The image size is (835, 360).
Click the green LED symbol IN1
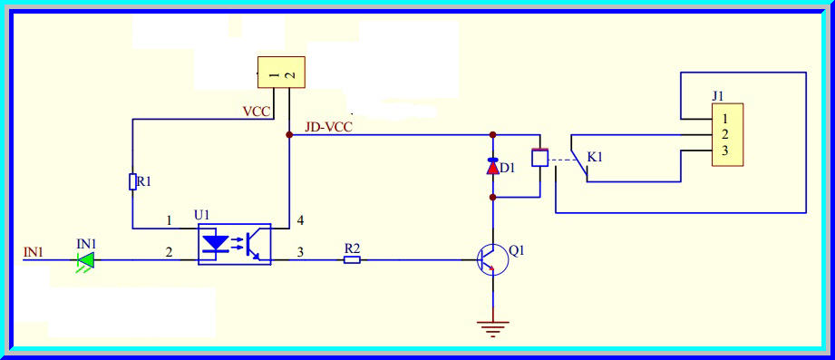85,260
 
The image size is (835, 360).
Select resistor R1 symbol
132,182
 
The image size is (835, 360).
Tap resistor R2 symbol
352,260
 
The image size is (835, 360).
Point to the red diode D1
493,167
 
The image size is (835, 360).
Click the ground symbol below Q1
492,329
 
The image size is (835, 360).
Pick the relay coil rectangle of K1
539,157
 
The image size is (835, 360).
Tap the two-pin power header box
281,72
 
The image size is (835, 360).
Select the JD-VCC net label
328,128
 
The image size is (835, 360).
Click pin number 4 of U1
299,220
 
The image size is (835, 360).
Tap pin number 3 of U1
299,253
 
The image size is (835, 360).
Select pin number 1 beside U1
168,220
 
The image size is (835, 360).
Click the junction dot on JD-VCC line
289,135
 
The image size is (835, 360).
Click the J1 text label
718,95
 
